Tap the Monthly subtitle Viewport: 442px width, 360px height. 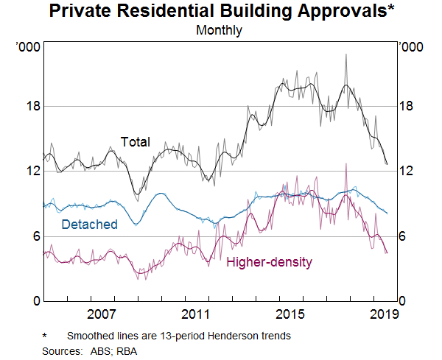coord(220,31)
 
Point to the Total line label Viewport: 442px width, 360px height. coord(135,142)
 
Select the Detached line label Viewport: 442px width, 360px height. coord(89,225)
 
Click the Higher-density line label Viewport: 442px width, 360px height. coord(269,262)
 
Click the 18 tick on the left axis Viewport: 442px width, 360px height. coord(31,107)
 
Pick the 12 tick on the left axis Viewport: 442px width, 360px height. coord(31,172)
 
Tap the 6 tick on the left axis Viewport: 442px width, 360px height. coord(34,236)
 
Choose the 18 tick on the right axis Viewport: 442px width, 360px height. coord(406,107)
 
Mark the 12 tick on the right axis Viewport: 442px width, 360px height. coord(406,172)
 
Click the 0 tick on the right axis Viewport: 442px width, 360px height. coord(402,301)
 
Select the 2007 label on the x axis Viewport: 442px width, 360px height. coord(101,314)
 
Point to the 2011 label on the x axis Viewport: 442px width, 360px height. coord(194,314)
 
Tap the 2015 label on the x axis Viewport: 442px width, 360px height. coord(289,314)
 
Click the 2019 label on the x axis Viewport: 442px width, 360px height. coord(382,314)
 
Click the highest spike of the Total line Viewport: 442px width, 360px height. coord(345,54)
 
